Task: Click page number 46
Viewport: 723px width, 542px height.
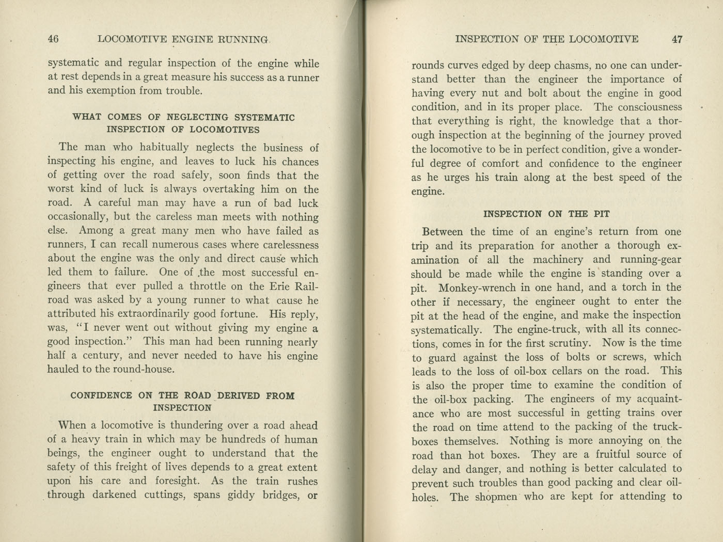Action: [53, 39]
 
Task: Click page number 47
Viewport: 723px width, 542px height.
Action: [677, 39]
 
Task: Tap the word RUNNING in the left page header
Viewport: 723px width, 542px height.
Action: [244, 39]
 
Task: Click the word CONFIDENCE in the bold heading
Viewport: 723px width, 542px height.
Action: [101, 396]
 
